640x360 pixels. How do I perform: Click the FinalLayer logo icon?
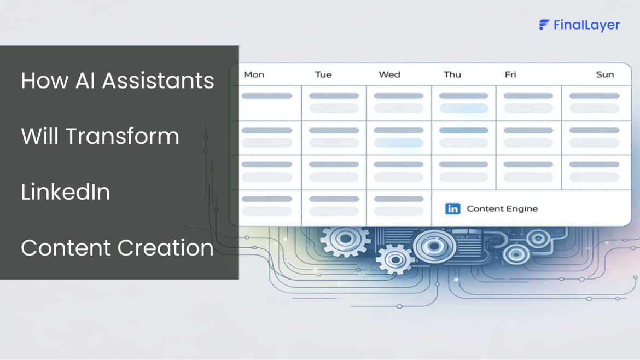point(544,25)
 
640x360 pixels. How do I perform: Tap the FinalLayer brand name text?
point(586,25)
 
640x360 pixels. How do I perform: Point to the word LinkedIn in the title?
point(66,192)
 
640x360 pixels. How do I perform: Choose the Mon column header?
point(254,74)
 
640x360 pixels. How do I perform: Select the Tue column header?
point(323,74)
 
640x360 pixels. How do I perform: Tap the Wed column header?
point(389,74)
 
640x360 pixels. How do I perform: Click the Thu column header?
point(452,74)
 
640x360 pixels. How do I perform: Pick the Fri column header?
point(510,74)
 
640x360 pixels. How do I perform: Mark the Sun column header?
point(605,74)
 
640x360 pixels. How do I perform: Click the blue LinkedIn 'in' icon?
point(452,208)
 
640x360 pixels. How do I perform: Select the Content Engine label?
point(502,208)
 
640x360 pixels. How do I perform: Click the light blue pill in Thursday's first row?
point(464,108)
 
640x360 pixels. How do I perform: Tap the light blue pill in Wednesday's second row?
point(399,143)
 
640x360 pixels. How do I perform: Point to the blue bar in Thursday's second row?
point(464,131)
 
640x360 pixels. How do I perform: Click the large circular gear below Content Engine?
point(434,246)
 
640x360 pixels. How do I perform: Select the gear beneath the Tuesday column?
point(345,240)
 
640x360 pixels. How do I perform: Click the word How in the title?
point(44,80)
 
